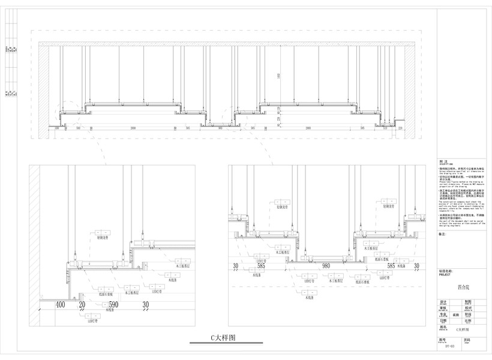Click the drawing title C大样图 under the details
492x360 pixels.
(219, 338)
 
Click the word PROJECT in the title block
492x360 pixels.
(445, 274)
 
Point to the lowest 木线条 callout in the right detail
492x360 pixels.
(310, 298)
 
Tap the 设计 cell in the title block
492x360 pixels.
(444, 302)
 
